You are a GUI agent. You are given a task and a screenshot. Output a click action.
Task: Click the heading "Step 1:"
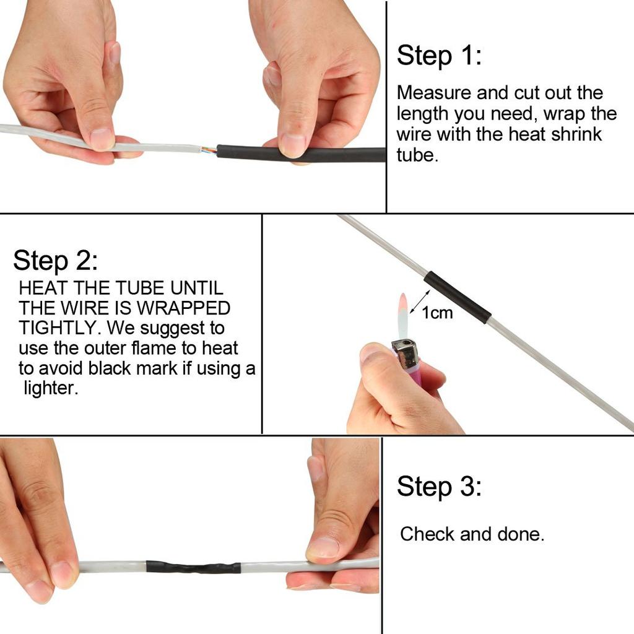point(438,56)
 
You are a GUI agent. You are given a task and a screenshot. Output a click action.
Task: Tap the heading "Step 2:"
point(55,261)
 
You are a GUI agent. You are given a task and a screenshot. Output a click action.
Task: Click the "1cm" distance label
point(437,313)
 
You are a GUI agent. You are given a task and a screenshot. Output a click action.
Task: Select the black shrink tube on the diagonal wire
point(458,297)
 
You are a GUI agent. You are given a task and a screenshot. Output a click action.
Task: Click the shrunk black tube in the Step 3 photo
point(193,567)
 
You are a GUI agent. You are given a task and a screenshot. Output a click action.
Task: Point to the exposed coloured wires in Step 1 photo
point(208,150)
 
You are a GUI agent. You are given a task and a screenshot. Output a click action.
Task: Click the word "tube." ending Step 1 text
point(417,155)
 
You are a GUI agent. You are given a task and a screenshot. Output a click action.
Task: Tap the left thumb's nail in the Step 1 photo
point(102,138)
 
